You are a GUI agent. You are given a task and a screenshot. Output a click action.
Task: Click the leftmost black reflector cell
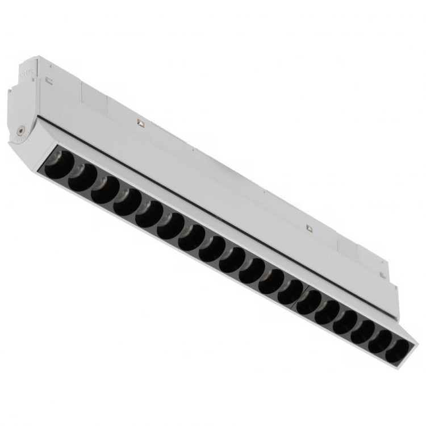(59, 164)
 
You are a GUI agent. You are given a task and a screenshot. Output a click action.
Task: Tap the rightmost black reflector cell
(396, 350)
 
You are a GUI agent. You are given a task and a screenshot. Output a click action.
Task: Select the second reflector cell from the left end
(82, 177)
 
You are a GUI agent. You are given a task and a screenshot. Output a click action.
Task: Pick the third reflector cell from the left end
(105, 189)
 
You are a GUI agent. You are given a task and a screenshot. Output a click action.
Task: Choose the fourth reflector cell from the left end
(127, 202)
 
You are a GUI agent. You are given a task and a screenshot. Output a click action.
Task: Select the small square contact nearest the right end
(308, 228)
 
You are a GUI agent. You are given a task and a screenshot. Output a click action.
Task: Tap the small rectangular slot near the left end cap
(49, 82)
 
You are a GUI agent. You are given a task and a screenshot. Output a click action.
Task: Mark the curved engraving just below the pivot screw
(21, 137)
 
